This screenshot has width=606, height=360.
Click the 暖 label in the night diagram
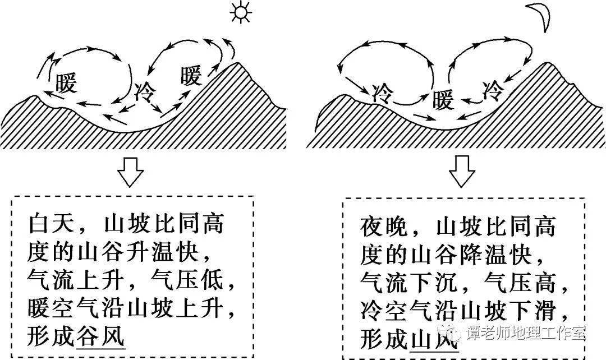coord(443,101)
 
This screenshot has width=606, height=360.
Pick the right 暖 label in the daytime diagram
coord(191,76)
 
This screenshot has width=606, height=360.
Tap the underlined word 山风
coord(434,338)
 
